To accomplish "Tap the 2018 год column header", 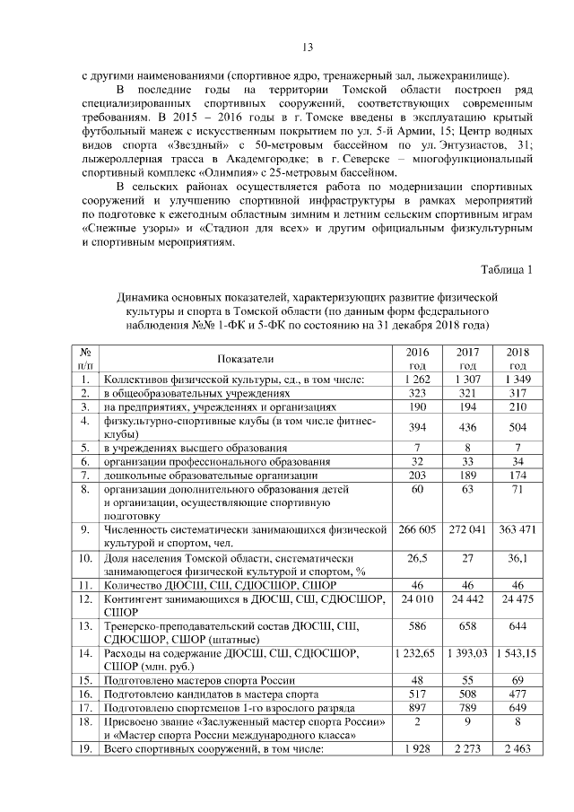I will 517,358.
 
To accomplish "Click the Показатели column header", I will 244,358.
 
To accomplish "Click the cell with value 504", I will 517,427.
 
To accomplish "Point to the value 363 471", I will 517,529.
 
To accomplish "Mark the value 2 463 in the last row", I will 517,748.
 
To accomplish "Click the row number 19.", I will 83,748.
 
